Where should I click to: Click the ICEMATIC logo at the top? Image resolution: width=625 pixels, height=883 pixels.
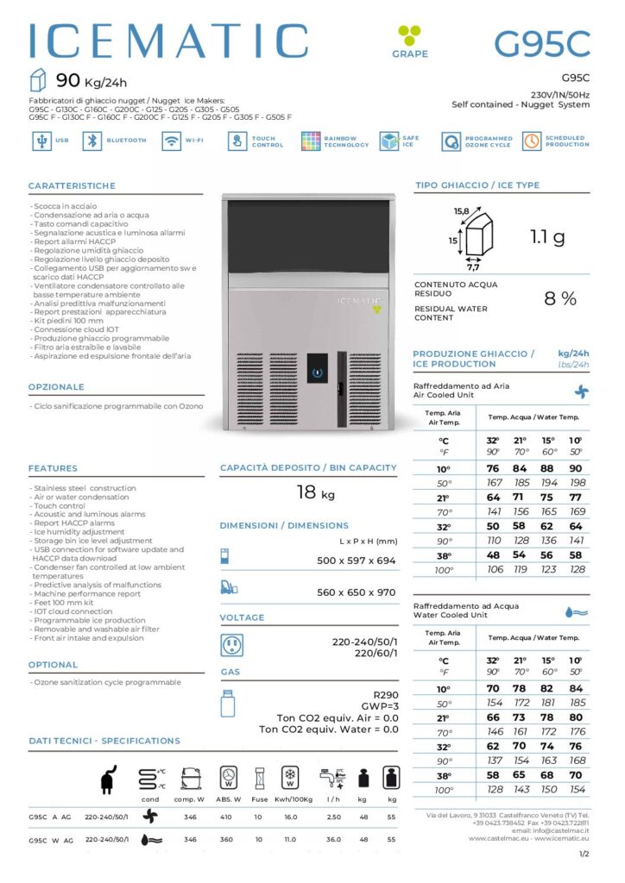pyautogui.click(x=168, y=41)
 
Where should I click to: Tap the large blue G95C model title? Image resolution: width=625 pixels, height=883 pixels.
pyautogui.click(x=541, y=42)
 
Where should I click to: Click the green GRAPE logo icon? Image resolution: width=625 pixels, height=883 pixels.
pyautogui.click(x=408, y=35)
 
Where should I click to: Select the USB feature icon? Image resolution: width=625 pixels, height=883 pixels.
pyautogui.click(x=40, y=141)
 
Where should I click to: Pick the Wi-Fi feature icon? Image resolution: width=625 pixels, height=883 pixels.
pyautogui.click(x=172, y=141)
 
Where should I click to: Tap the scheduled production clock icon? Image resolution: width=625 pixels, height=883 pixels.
pyautogui.click(x=531, y=141)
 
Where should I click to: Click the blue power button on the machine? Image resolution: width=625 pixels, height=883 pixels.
pyautogui.click(x=319, y=373)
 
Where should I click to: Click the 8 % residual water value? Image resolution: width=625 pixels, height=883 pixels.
pyautogui.click(x=559, y=299)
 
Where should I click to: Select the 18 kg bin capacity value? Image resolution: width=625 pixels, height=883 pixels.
pyautogui.click(x=316, y=493)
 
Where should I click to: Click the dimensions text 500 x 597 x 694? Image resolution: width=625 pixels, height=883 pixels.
pyautogui.click(x=356, y=560)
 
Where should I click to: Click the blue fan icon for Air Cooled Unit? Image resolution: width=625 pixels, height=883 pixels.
pyautogui.click(x=582, y=391)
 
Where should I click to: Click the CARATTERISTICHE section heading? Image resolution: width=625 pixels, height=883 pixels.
pyautogui.click(x=72, y=185)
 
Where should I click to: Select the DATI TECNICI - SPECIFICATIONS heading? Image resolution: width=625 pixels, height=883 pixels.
pyautogui.click(x=104, y=741)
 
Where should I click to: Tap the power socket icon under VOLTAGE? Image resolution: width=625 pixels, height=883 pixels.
pyautogui.click(x=231, y=645)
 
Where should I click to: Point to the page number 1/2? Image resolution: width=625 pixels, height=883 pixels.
pyautogui.click(x=584, y=855)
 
